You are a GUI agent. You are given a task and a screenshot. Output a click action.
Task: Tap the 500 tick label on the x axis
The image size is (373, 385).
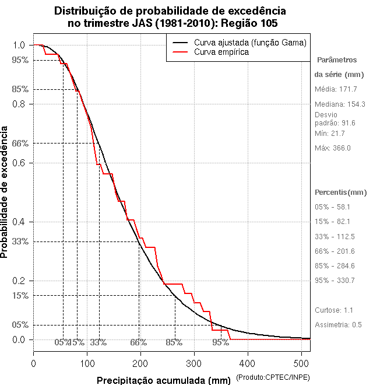pos(301,363)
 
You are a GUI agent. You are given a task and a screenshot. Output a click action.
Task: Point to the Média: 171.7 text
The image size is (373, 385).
pos(336,89)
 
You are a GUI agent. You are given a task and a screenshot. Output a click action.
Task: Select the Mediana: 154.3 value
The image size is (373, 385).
pos(340,104)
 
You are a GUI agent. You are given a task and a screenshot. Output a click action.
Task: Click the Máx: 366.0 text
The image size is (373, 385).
pos(333,148)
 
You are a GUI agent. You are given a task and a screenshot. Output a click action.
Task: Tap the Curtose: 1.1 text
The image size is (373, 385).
pos(333,310)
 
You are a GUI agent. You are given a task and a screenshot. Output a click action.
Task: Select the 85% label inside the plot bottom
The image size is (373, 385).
pos(174,342)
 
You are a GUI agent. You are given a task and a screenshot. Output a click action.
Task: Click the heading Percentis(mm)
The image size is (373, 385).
pos(341,192)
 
